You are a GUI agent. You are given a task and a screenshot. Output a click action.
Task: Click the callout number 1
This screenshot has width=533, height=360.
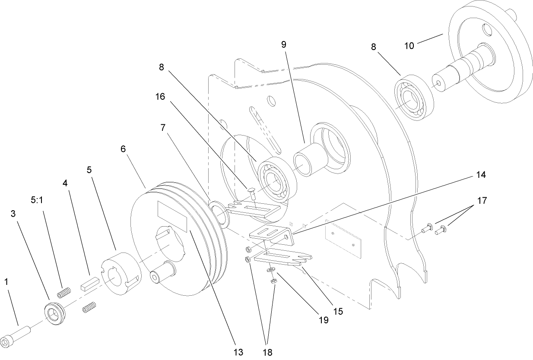coord(6,281)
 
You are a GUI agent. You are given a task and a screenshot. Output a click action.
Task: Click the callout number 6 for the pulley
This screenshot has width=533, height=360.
coord(123,148)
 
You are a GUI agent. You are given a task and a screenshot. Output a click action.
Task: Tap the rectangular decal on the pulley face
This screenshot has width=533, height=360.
coord(172,215)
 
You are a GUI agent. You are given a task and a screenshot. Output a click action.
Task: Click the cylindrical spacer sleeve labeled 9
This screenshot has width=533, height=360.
coord(308,163)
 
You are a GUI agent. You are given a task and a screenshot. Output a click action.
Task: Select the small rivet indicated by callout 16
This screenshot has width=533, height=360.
coord(252,190)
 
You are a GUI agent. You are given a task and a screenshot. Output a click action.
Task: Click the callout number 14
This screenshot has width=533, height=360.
coord(480,175)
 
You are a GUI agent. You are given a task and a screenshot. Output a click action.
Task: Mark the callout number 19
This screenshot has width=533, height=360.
coord(323,320)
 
